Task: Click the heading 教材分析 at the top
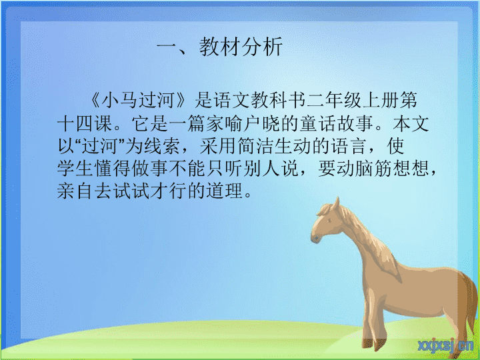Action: click(x=241, y=47)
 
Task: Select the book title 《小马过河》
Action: click(x=139, y=100)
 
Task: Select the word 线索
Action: click(x=161, y=146)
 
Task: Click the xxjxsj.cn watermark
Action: click(x=445, y=346)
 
